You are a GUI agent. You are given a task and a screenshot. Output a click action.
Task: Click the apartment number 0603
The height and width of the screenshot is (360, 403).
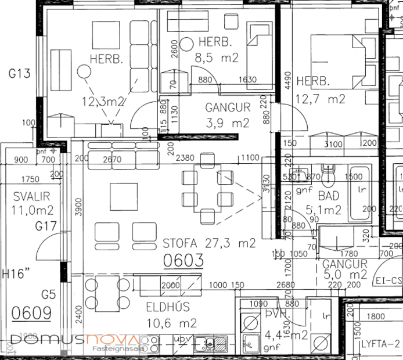(183, 261)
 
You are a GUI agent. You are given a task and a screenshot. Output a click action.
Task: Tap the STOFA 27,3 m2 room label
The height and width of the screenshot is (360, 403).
(209, 243)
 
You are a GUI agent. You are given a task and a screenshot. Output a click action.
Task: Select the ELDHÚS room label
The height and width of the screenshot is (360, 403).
(163, 308)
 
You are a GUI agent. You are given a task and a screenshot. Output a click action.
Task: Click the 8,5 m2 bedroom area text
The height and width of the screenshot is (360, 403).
(216, 57)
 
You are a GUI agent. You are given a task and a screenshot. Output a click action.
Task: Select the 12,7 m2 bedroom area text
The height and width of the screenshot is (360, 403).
(321, 99)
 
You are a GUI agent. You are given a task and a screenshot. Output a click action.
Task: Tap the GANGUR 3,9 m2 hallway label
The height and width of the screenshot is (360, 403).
(228, 115)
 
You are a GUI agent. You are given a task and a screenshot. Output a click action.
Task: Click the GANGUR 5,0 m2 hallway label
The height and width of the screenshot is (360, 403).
(345, 269)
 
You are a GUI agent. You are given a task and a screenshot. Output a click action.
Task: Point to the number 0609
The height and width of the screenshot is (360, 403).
(31, 312)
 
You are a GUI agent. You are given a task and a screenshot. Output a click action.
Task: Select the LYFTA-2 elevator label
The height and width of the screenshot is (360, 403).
(380, 343)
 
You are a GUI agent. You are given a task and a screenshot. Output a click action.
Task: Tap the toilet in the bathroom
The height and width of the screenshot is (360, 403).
(329, 174)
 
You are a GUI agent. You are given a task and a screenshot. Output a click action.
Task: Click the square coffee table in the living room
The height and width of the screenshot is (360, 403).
(124, 196)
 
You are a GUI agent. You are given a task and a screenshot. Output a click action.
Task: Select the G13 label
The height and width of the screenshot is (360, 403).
(19, 74)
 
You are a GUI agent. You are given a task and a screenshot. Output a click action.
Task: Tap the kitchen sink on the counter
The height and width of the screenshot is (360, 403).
(204, 341)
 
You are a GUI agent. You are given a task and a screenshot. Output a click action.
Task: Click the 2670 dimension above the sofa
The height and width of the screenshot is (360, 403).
(111, 158)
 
